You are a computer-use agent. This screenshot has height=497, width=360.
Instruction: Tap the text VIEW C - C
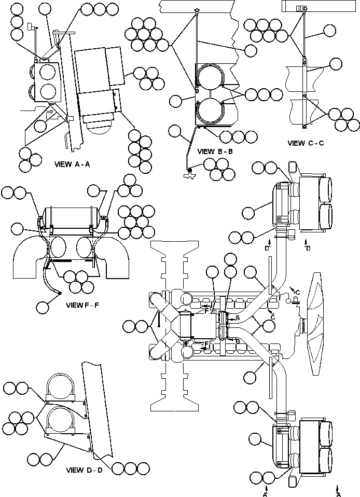pos(306,143)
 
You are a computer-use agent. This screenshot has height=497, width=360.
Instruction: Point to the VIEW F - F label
pos(82,305)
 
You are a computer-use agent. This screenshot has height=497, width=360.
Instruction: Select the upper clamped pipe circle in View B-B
pos(211,79)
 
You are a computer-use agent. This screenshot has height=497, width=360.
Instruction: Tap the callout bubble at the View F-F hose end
pos(44,307)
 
